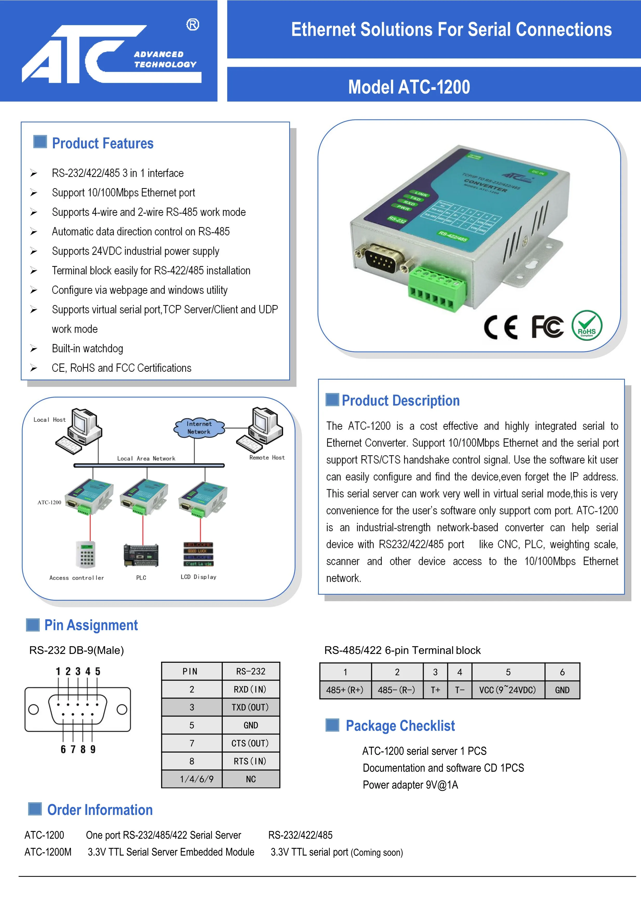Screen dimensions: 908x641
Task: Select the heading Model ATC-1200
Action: pyautogui.click(x=409, y=87)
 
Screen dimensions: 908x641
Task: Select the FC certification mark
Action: pyautogui.click(x=547, y=327)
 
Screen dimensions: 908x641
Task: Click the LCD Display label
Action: pyautogui.click(x=198, y=577)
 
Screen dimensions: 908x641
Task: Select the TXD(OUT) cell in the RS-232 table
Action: pyautogui.click(x=251, y=707)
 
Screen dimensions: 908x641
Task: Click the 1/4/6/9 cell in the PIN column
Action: pyautogui.click(x=192, y=779)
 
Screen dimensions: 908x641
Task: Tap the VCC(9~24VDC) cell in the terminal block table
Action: pyautogui.click(x=508, y=690)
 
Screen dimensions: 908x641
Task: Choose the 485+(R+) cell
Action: pyautogui.click(x=345, y=690)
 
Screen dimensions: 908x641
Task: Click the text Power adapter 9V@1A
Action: pyautogui.click(x=410, y=785)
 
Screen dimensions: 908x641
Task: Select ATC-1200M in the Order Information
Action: pyautogui.click(x=48, y=852)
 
